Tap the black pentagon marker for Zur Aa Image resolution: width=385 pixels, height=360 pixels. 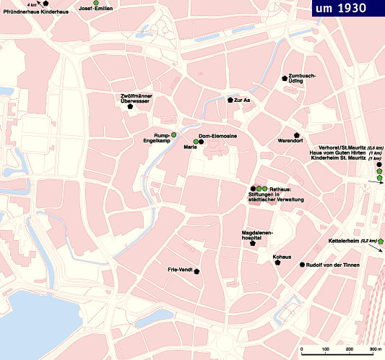click(229, 100)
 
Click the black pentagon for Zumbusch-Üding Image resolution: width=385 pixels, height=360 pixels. click(285, 78)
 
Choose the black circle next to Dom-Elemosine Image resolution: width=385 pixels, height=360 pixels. click(202, 142)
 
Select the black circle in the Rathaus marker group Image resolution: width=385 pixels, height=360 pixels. click(253, 189)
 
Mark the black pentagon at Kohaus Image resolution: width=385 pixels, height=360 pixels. click(277, 263)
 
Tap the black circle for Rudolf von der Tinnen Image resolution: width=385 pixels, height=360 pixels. click(301, 265)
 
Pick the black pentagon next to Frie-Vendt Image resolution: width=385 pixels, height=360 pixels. click(196, 271)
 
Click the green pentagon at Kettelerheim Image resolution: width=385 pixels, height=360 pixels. click(380, 241)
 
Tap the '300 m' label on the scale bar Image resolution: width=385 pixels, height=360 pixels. click(374, 350)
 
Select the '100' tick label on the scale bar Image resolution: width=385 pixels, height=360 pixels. click(326, 350)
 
